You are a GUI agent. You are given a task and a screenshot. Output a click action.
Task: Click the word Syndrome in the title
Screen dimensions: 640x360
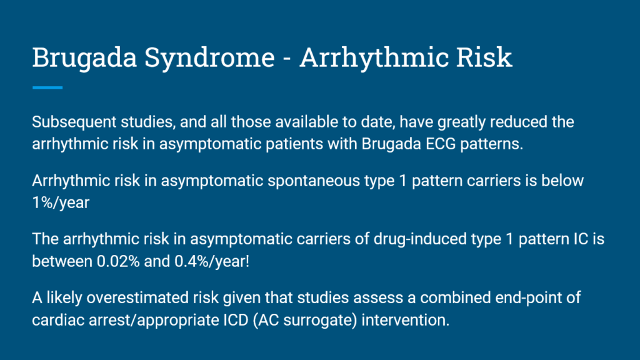tap(210, 57)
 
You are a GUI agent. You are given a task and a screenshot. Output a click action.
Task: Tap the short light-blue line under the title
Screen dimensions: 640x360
tap(47, 87)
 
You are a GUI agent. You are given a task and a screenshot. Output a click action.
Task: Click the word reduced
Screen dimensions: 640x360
tap(521, 122)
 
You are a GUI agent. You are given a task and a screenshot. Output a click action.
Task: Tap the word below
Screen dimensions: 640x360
tap(562, 181)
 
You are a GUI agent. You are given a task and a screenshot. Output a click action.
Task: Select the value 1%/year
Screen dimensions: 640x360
tap(61, 202)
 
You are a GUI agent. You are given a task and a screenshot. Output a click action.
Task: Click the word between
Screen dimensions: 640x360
tap(62, 261)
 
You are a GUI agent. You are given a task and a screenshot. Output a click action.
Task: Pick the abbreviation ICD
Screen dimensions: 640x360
tap(236, 320)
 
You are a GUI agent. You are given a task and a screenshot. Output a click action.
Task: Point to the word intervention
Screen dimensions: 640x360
tap(405, 320)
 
